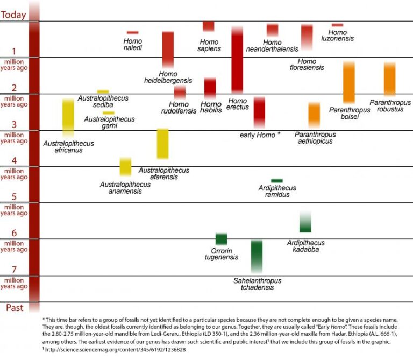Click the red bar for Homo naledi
tap(133, 33)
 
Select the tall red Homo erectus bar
tap(237, 59)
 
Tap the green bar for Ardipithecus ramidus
tap(277, 181)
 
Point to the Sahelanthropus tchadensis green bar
tap(257, 256)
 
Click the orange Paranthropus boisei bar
tap(349, 82)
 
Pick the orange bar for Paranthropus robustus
tap(390, 79)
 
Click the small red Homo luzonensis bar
tap(337, 25)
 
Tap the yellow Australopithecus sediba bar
tap(103, 91)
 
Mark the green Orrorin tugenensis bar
tap(221, 239)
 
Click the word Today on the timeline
tap(13, 15)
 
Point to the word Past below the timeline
tap(13, 308)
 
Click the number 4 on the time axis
tap(15, 161)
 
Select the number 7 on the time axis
tap(15, 270)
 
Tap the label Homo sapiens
tap(209, 45)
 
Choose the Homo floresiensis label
tap(307, 65)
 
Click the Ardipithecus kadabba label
tap(305, 246)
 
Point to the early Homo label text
tap(258, 135)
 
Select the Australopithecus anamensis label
tap(125, 188)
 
